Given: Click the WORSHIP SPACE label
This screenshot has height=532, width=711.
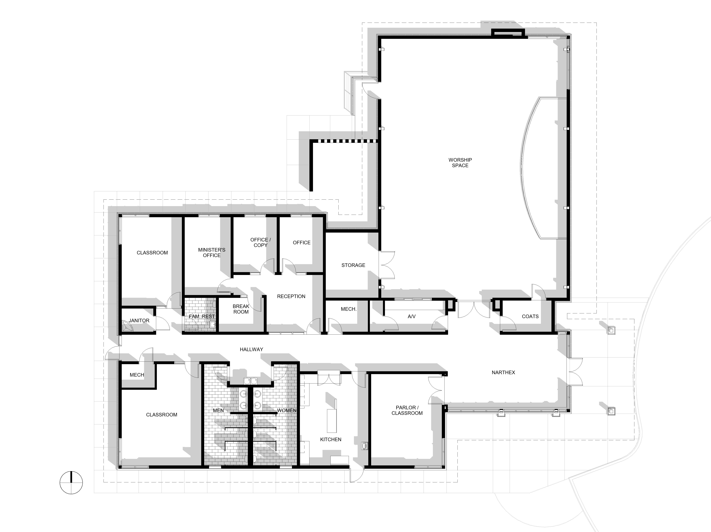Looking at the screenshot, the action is (460, 163).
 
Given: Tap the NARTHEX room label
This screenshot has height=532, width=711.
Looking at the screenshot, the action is (503, 373).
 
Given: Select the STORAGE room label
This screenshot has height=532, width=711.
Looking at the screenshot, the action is (353, 265).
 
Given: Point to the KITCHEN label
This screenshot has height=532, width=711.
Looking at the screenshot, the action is (331, 439).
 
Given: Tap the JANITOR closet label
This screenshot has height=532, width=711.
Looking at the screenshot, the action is (139, 320).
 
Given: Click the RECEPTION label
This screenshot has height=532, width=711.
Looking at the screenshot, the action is (291, 296).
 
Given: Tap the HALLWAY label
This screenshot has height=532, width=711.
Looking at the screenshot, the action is (251, 349).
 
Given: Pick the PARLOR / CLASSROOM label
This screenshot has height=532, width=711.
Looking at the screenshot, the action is (407, 410).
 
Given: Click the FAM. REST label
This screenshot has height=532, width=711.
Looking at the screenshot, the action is (201, 317).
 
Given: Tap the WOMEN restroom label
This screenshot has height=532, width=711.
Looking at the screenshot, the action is (287, 411).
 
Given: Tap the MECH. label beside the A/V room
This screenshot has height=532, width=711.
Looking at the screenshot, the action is (349, 309).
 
